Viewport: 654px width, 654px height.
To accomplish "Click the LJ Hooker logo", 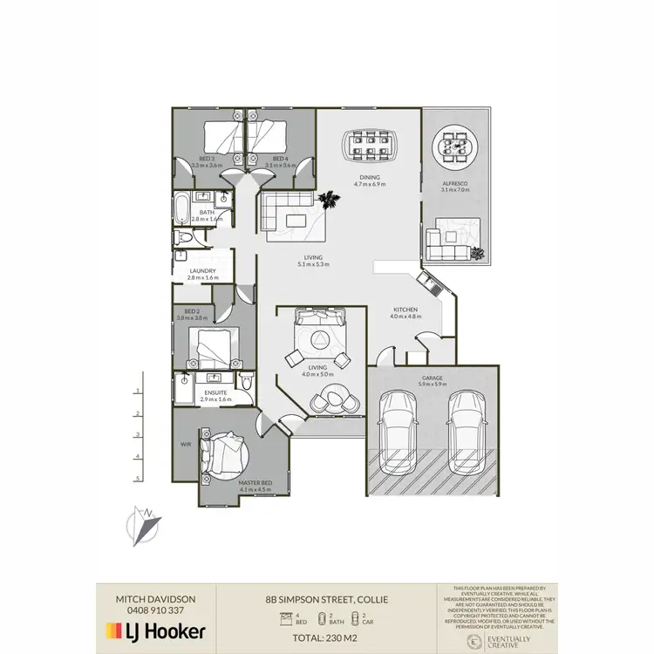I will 155,630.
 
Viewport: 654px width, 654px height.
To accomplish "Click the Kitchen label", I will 405,310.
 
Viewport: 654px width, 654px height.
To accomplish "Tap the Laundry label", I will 202,270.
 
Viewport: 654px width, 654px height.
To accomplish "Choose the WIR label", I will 185,445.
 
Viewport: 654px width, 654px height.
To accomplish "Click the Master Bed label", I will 254,485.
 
